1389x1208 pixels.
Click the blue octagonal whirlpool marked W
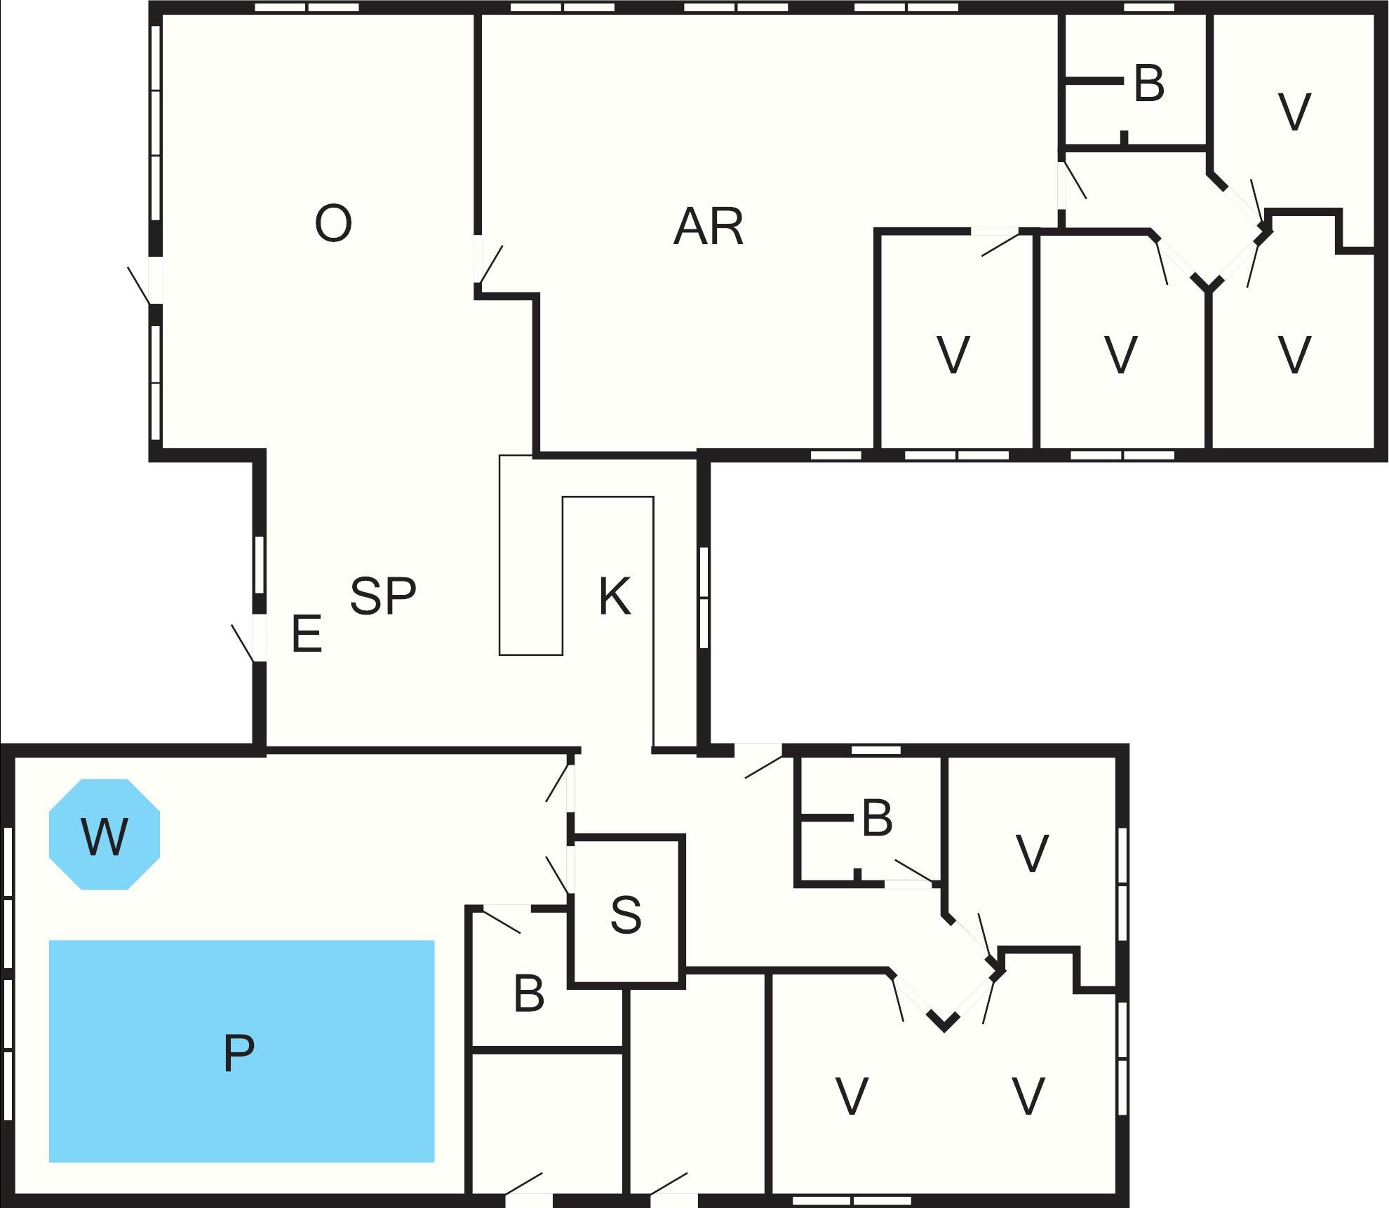pyautogui.click(x=105, y=835)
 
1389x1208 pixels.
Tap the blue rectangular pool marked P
pyautogui.click(x=241, y=1051)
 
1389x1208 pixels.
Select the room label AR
pyautogui.click(x=708, y=227)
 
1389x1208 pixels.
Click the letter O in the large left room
pyautogui.click(x=333, y=223)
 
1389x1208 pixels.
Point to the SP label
pyautogui.click(x=383, y=596)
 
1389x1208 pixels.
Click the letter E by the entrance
pyautogui.click(x=307, y=633)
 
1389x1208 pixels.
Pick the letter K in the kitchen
pyautogui.click(x=615, y=596)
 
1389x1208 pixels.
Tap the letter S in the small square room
pyautogui.click(x=626, y=915)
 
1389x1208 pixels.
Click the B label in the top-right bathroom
pyautogui.click(x=1149, y=83)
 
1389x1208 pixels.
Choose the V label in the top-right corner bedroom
pyautogui.click(x=1294, y=112)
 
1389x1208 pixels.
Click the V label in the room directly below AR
pyautogui.click(x=953, y=355)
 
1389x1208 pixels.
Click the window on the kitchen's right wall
pyautogui.click(x=704, y=598)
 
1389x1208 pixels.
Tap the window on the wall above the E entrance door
pyautogui.click(x=259, y=565)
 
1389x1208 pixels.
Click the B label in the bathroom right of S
pyautogui.click(x=877, y=818)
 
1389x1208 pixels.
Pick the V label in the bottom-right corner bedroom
pyautogui.click(x=1028, y=1096)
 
